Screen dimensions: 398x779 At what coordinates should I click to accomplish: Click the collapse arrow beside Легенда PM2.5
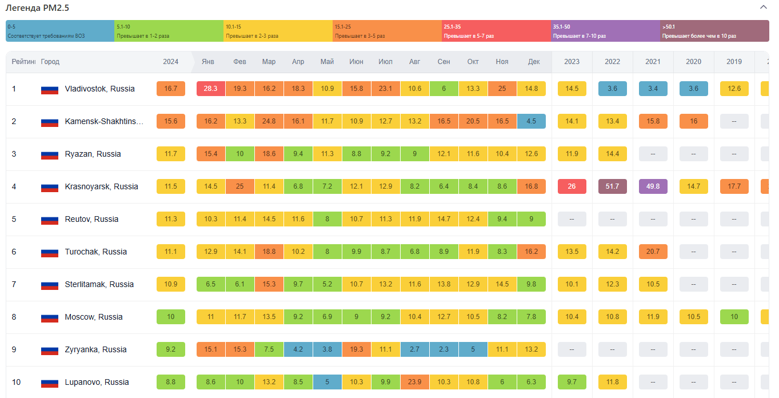click(763, 7)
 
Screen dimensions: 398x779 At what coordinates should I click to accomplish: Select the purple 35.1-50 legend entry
click(605, 31)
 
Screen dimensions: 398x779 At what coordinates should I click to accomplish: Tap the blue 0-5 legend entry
click(60, 31)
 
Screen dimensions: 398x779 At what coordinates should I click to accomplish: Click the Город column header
click(50, 62)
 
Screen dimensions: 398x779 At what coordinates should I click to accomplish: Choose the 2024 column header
click(170, 62)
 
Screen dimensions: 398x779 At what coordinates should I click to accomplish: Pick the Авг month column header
click(415, 62)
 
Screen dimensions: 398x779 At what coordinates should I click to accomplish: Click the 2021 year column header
click(653, 62)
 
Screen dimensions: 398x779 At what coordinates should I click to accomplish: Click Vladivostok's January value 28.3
click(210, 89)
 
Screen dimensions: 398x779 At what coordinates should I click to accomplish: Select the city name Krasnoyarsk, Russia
click(102, 186)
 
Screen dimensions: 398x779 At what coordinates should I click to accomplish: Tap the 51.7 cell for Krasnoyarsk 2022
click(612, 186)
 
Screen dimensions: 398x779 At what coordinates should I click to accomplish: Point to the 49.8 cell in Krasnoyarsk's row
click(653, 186)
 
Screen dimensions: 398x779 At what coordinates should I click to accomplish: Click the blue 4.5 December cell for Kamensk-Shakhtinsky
click(531, 121)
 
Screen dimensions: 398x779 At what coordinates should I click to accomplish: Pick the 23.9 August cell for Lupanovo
click(415, 382)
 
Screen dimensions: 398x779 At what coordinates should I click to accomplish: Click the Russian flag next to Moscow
click(50, 317)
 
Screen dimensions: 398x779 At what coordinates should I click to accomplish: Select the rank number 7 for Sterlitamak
click(14, 284)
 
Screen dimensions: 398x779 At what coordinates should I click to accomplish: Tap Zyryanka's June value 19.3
click(356, 349)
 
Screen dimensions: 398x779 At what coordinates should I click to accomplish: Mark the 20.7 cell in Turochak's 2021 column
click(653, 252)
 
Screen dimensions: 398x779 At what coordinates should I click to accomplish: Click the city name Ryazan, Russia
click(93, 154)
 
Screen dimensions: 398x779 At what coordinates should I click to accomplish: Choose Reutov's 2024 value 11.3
click(170, 219)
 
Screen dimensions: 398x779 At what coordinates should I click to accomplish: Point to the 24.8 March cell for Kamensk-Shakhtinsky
click(269, 121)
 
